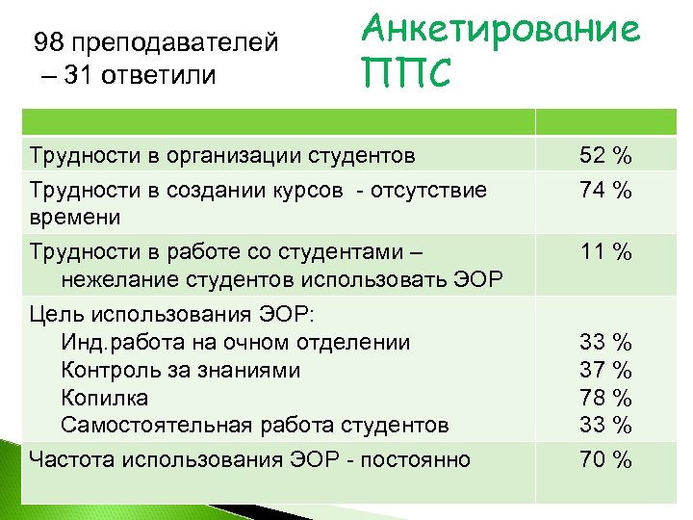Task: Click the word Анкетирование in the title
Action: pyautogui.click(x=500, y=31)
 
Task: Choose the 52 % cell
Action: pyautogui.click(x=605, y=156)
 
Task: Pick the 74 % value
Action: pyautogui.click(x=605, y=191)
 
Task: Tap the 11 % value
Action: pyautogui.click(x=605, y=253)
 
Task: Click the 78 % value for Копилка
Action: pyautogui.click(x=605, y=397)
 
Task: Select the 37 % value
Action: pyautogui.click(x=605, y=370)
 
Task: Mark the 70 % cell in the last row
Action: pyautogui.click(x=605, y=460)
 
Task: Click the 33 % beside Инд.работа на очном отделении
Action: pyautogui.click(x=605, y=342)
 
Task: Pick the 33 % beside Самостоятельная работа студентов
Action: pyautogui.click(x=605, y=424)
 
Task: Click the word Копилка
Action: pyautogui.click(x=104, y=398)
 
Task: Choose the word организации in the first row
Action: pyautogui.click(x=226, y=155)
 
